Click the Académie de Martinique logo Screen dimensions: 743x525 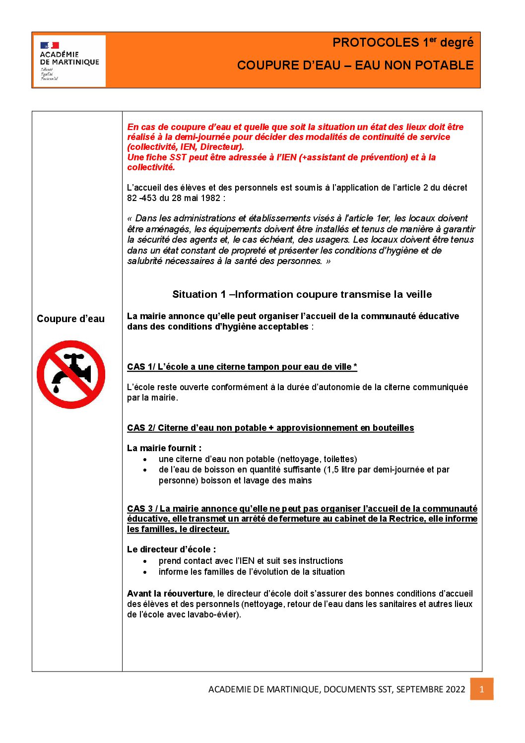click(69, 61)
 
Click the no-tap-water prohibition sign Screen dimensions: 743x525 click(71, 374)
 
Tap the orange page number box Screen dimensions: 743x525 click(481, 689)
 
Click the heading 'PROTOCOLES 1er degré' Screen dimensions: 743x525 click(403, 43)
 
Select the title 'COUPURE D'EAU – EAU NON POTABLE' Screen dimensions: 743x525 click(355, 66)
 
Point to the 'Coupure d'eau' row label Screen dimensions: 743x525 click(70, 319)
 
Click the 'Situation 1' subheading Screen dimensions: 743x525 click(302, 294)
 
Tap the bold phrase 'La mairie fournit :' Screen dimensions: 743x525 click(164, 448)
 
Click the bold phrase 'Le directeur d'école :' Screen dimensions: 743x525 click(172, 549)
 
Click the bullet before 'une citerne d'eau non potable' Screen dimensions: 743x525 click(145, 460)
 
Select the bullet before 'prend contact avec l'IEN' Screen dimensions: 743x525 click(145, 561)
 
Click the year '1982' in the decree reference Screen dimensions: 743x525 click(210, 198)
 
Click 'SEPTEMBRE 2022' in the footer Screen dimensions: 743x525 click(431, 689)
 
